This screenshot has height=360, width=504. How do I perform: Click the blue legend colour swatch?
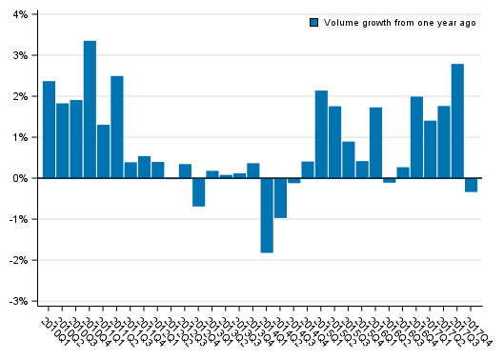click(314, 22)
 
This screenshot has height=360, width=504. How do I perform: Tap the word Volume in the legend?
click(340, 22)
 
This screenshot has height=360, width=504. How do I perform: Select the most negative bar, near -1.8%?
click(267, 215)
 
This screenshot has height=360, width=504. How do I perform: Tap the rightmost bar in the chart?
click(471, 185)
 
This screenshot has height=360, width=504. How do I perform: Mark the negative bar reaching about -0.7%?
click(199, 192)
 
